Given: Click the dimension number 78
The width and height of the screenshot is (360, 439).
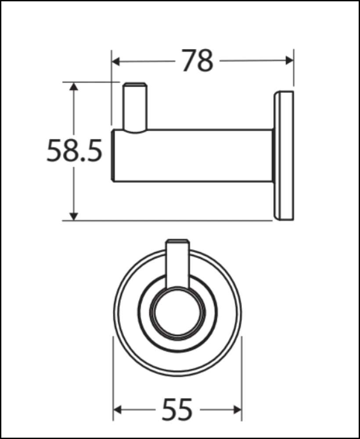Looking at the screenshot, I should (x=198, y=61).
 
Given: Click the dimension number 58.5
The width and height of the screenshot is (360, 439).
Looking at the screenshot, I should (x=74, y=150).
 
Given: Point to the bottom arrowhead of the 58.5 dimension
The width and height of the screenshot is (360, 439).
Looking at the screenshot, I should (x=74, y=216).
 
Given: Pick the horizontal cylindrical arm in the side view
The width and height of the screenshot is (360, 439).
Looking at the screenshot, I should (x=193, y=155).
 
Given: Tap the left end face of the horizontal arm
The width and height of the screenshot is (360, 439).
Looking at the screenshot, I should (x=113, y=155).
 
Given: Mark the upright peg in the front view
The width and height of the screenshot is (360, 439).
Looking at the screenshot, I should (x=177, y=263).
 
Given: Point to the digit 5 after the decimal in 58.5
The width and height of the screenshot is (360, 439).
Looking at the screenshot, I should (x=94, y=150).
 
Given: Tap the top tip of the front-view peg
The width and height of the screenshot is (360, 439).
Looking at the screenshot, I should (x=177, y=241).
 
